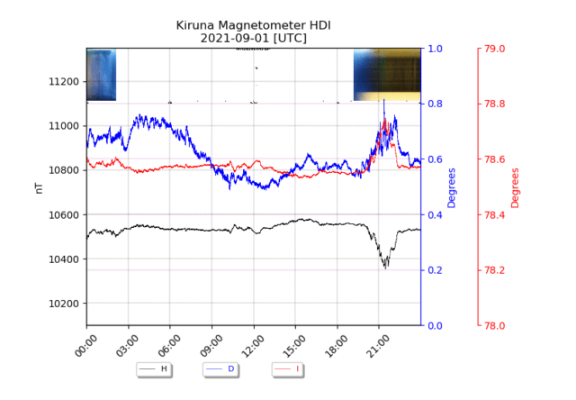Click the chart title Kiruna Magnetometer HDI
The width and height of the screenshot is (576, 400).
tap(253, 25)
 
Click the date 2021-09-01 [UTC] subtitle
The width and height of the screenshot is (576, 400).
tap(253, 39)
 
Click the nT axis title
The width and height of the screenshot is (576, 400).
tap(38, 186)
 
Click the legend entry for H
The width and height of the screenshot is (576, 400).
tap(155, 369)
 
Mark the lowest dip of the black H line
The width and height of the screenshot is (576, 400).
tap(385, 268)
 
